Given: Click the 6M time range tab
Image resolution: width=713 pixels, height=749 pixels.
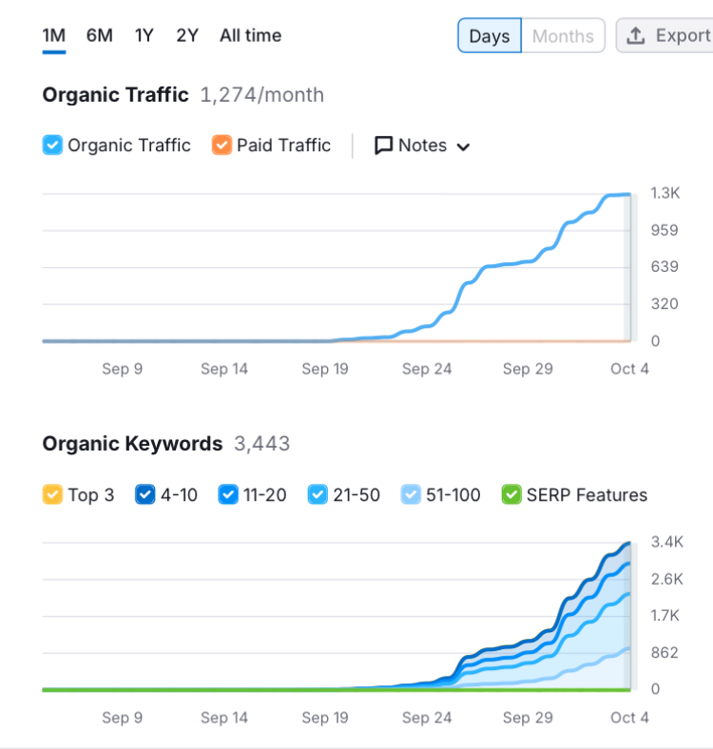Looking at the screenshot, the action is [100, 35].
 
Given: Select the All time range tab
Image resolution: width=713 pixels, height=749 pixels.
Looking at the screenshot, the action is [250, 35].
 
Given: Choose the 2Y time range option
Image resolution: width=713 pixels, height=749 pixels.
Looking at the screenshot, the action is [187, 35].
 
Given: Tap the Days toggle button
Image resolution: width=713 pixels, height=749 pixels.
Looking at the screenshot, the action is [490, 35].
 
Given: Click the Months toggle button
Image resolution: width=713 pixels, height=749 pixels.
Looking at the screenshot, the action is [563, 35].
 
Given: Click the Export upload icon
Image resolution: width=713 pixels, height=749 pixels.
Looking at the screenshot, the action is [636, 35].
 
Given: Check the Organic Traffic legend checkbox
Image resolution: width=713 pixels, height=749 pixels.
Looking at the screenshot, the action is [52, 145].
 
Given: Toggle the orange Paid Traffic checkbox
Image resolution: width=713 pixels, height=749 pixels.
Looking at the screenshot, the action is [222, 145].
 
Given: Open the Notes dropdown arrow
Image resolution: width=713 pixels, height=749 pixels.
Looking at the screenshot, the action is [463, 146].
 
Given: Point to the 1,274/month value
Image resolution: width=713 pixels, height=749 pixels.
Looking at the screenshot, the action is [261, 95].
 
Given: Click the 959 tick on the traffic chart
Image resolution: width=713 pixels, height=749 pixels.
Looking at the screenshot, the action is [665, 230].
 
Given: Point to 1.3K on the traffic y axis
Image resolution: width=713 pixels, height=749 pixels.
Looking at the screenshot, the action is [665, 193].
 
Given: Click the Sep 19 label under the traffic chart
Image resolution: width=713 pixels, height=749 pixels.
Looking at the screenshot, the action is [325, 369].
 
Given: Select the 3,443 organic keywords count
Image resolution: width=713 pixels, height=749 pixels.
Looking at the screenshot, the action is [261, 444].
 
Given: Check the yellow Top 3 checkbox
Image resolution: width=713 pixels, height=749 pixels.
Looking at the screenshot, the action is [52, 494].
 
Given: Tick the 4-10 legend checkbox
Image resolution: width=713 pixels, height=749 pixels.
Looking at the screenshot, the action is [145, 494].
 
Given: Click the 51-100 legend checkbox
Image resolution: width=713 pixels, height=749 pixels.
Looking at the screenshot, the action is [411, 494].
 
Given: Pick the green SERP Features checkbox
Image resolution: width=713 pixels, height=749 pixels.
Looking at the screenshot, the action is [511, 494].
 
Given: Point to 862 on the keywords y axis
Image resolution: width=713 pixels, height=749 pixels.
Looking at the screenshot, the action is [665, 652].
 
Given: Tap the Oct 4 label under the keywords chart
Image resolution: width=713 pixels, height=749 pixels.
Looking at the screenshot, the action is [629, 718].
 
